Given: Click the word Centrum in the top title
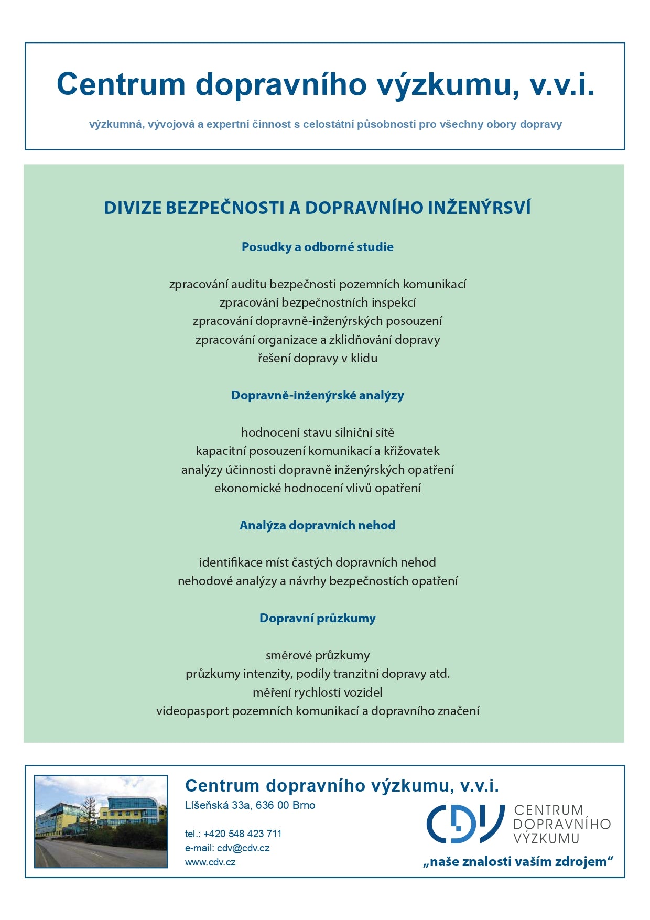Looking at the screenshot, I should coord(121,84).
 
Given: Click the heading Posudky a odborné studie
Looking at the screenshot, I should coord(317,247).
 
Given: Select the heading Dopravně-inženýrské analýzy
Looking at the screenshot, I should coord(317,395).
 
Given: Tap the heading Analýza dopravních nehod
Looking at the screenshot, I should coord(317,525).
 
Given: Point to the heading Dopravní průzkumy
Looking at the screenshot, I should coord(317,618).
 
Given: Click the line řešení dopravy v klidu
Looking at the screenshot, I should coord(317,358).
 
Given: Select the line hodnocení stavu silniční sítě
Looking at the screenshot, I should coord(317,432).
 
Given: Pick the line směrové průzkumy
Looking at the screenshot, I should coord(317,655).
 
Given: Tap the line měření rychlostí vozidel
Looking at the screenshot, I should coord(317,692).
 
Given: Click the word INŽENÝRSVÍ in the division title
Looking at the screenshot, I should coord(479,208).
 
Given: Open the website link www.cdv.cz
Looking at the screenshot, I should coord(210,862).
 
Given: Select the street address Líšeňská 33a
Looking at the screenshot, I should coord(218,805).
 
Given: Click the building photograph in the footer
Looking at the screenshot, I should coord(101,821).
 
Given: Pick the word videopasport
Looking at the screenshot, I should coord(192,711).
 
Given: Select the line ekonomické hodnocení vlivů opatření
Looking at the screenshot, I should coord(317,488).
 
